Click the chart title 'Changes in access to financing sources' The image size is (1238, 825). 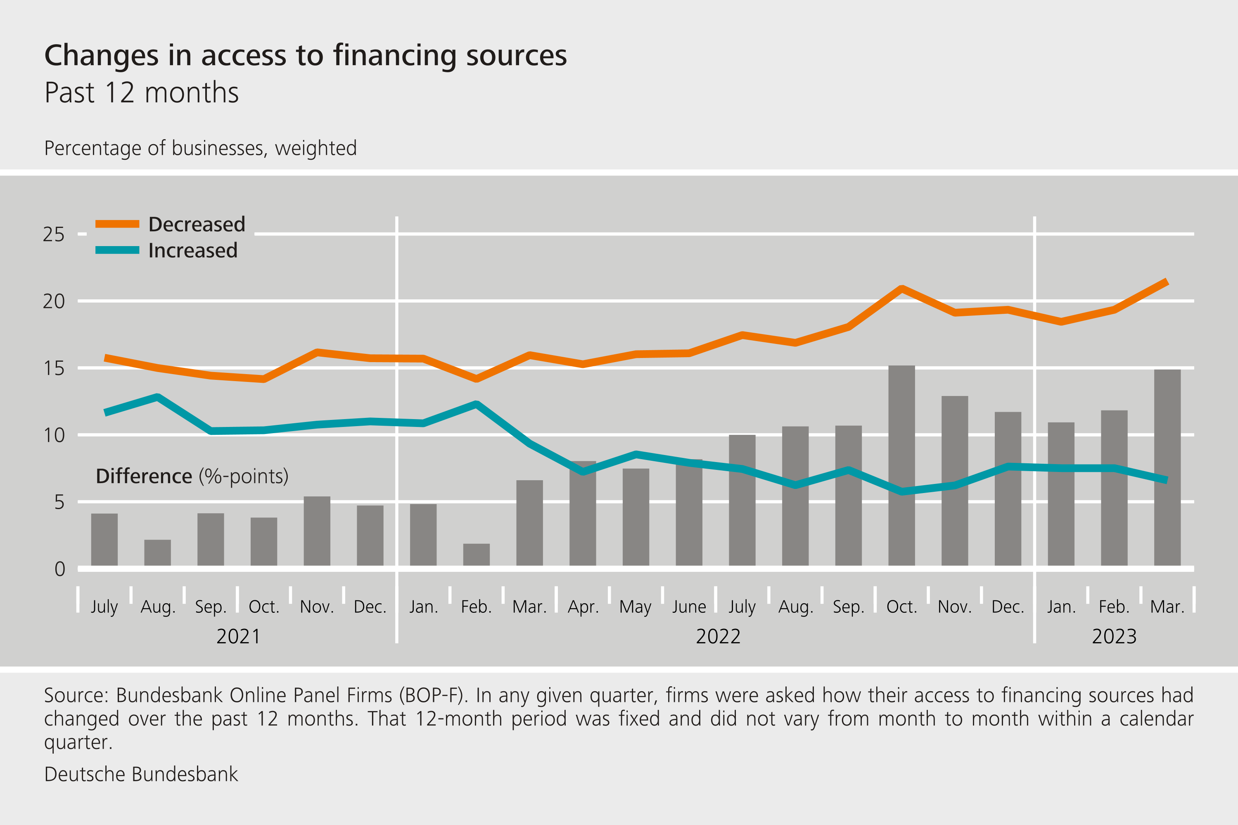305,55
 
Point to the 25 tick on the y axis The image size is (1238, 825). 54,234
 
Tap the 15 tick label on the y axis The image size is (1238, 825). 54,368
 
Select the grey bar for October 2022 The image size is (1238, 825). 901,466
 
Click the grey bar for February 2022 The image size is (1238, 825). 476,555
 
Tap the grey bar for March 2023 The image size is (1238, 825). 1167,468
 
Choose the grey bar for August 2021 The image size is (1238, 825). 157,552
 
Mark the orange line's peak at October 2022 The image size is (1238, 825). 902,288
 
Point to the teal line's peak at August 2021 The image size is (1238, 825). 158,397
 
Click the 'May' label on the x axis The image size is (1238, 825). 635,607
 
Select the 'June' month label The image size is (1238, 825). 689,607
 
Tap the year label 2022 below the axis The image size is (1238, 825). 718,637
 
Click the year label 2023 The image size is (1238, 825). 1114,637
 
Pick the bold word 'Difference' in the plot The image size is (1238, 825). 144,476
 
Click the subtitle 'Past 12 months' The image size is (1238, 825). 142,93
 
